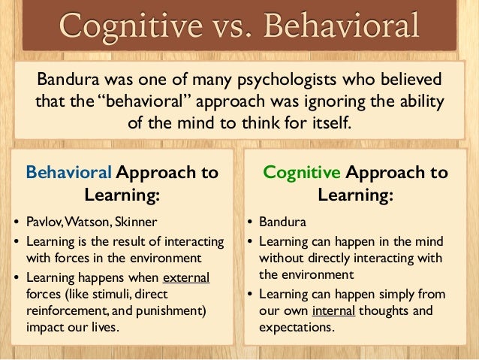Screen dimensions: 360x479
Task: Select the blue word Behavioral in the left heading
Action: tap(69, 172)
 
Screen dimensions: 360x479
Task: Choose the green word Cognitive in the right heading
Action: tap(302, 172)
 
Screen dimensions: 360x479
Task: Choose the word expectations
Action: tap(295, 327)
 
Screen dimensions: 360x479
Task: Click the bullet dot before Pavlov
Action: tap(18, 222)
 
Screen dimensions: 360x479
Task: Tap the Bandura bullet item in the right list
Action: tap(279, 222)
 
